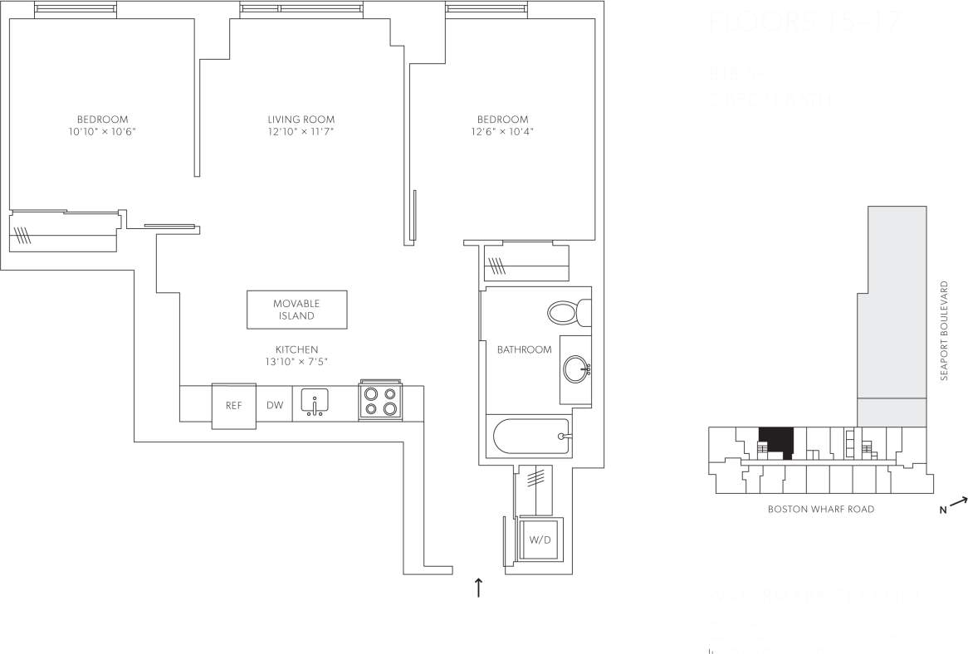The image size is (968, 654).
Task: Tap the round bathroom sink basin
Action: pyautogui.click(x=575, y=366)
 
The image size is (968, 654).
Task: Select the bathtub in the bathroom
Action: pyautogui.click(x=531, y=436)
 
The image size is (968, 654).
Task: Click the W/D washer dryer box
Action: pyautogui.click(x=539, y=539)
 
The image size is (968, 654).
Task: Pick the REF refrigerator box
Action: pyautogui.click(x=233, y=406)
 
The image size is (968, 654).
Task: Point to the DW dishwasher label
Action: pyautogui.click(x=274, y=406)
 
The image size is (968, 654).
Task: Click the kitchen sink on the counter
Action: pyautogui.click(x=315, y=402)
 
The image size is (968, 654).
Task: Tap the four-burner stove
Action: pyautogui.click(x=380, y=402)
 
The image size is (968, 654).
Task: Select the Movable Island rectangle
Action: pyautogui.click(x=296, y=310)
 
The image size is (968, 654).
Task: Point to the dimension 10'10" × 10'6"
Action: pyautogui.click(x=102, y=132)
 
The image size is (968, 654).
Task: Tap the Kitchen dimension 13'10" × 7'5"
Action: pyautogui.click(x=296, y=362)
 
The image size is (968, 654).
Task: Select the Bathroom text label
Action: pyautogui.click(x=524, y=349)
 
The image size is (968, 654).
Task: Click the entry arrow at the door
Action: pyautogui.click(x=478, y=588)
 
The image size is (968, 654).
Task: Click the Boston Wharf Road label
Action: pyautogui.click(x=821, y=510)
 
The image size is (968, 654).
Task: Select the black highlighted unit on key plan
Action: pyautogui.click(x=776, y=440)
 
